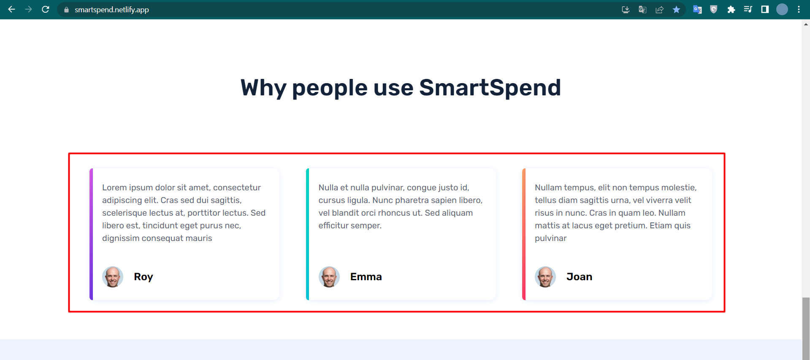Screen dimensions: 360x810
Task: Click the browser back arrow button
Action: (x=11, y=9)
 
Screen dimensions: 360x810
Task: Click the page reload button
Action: (x=46, y=9)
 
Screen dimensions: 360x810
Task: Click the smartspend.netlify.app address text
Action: (x=111, y=10)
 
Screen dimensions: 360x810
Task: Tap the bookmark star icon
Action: (x=676, y=9)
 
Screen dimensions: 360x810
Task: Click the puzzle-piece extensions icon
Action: (x=731, y=9)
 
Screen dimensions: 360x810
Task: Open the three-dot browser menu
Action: (x=799, y=9)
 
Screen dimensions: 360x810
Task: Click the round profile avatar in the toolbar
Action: (x=782, y=9)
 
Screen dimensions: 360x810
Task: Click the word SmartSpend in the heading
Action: (x=490, y=88)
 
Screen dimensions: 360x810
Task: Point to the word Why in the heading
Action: (x=263, y=88)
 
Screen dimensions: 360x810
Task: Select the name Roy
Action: (x=144, y=277)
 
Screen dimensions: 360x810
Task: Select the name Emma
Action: (x=366, y=277)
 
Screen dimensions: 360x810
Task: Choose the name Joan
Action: (x=579, y=277)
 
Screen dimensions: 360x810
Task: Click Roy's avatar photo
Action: (x=113, y=277)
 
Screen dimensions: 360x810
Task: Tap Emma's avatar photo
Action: (x=329, y=277)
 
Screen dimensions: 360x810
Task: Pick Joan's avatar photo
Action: (x=545, y=277)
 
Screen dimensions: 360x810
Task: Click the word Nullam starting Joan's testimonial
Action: (x=548, y=187)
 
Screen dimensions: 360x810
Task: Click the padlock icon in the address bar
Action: (x=66, y=10)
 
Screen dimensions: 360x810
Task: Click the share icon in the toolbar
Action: (x=659, y=9)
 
